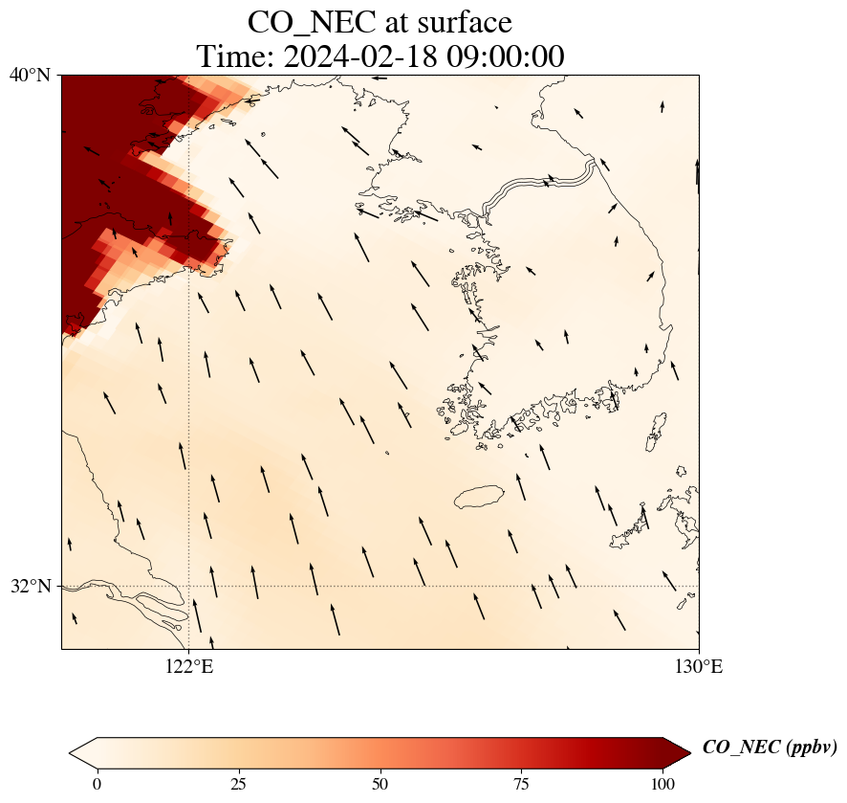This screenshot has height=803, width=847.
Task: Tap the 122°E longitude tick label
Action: [189, 667]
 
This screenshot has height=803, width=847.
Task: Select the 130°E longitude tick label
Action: [699, 667]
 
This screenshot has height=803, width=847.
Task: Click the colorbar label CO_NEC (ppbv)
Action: [770, 747]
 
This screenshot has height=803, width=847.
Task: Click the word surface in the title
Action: [459, 21]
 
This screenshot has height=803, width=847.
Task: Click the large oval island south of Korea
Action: [478, 497]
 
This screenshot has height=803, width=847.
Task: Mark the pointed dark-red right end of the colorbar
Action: [683, 752]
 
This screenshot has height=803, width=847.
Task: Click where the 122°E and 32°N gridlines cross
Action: [189, 586]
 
